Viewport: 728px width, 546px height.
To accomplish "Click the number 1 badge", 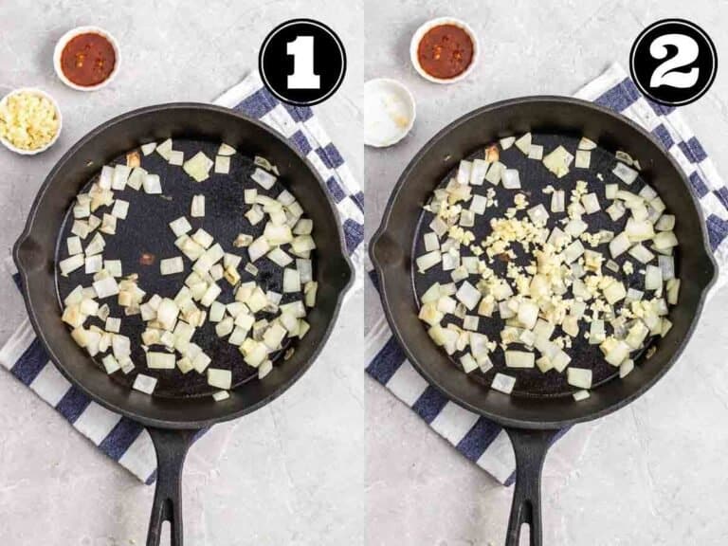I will pyautogui.click(x=301, y=62).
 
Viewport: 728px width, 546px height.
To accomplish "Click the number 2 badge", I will pyautogui.click(x=673, y=62).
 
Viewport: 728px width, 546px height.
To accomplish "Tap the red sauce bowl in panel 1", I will pyautogui.click(x=87, y=58).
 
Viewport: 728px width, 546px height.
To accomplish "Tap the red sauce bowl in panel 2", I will pyautogui.click(x=445, y=50).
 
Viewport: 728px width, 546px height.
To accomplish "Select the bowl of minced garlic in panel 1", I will pyautogui.click(x=28, y=120).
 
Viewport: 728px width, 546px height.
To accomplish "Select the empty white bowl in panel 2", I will pyautogui.click(x=390, y=112).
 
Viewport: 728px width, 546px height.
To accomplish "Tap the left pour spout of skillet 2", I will pyautogui.click(x=384, y=254).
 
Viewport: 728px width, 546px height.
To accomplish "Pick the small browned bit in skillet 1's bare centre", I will pyautogui.click(x=147, y=258).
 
